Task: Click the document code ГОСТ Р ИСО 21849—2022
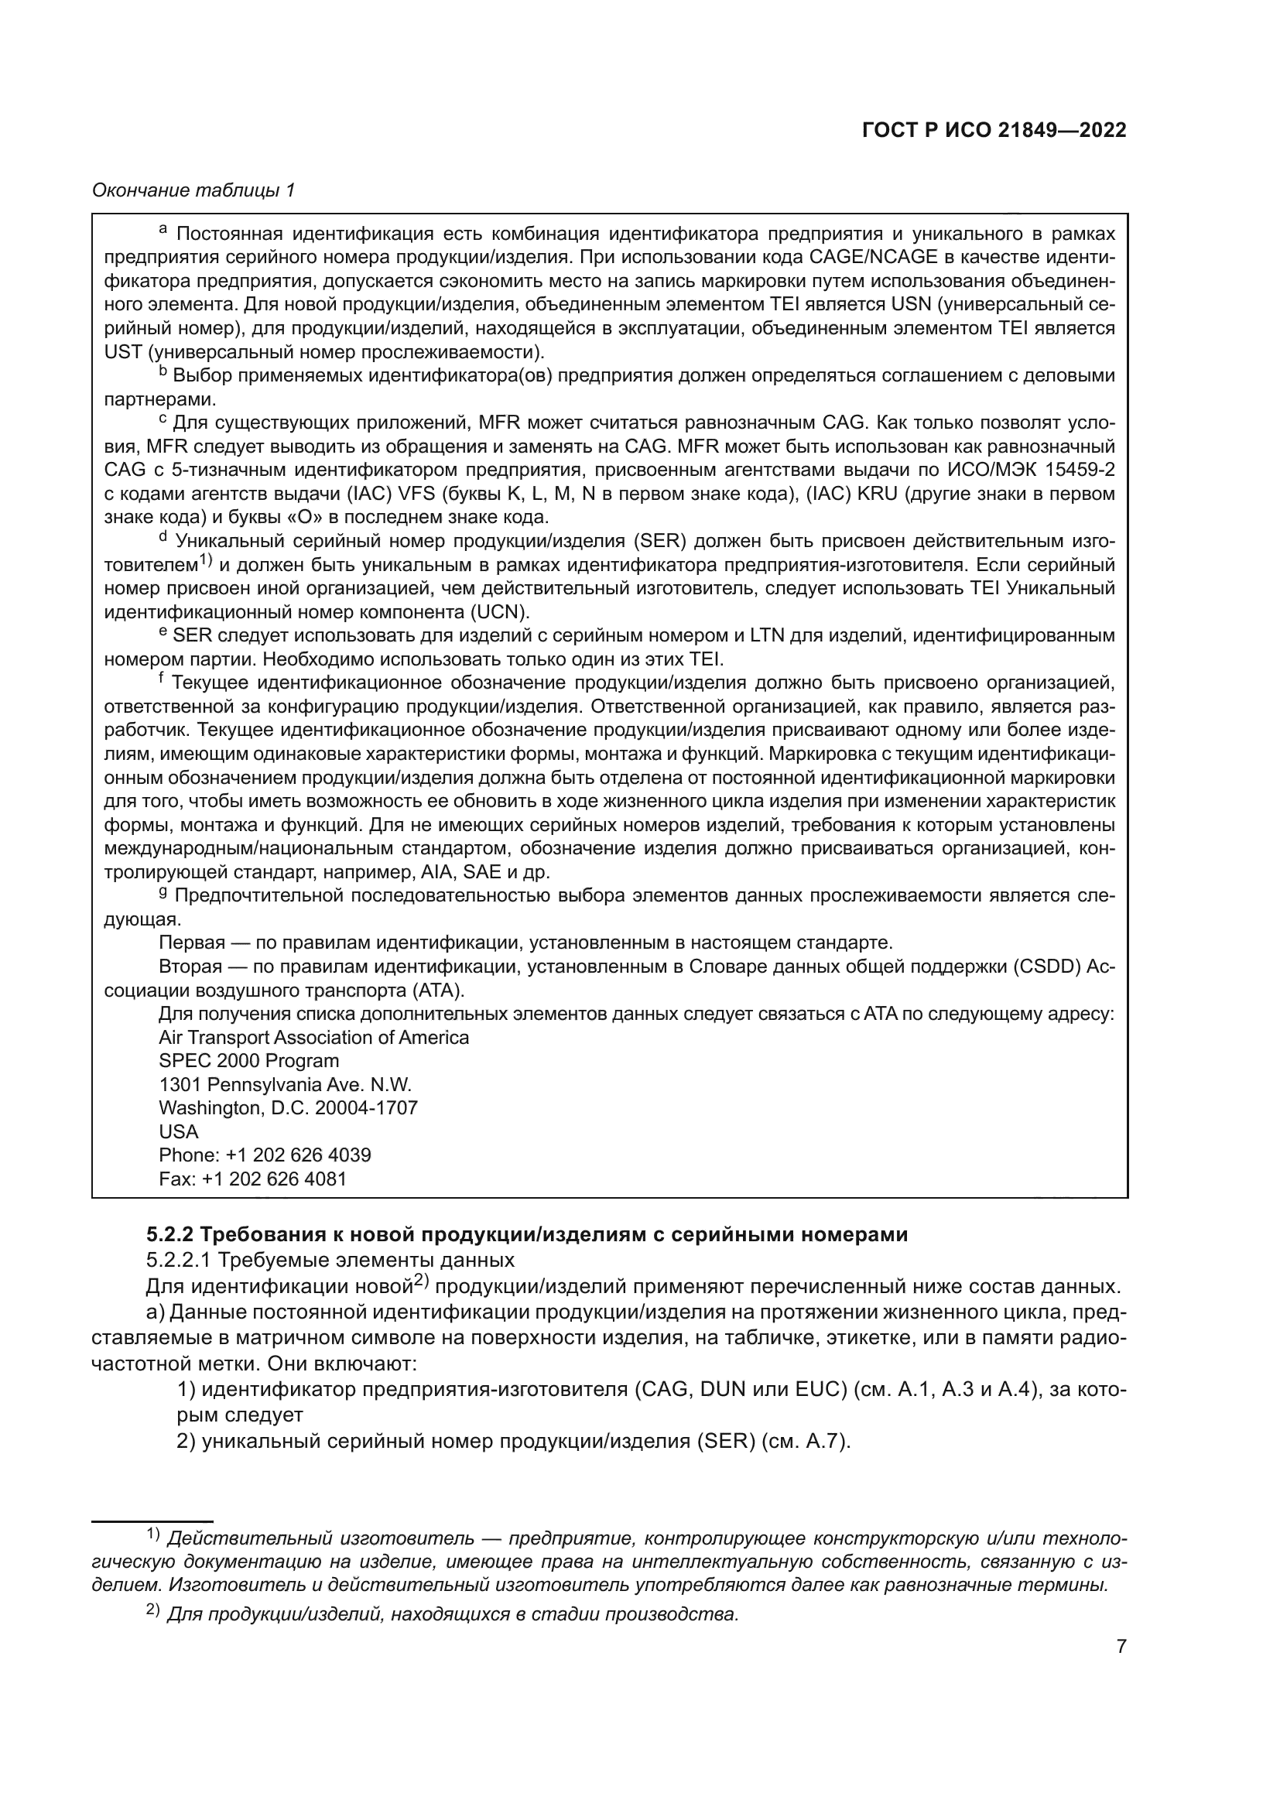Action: coord(994,130)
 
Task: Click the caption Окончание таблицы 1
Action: coord(193,190)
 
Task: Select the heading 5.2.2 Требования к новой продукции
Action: coord(526,1234)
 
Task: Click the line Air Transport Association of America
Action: coord(313,1038)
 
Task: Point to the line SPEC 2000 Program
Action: coord(249,1061)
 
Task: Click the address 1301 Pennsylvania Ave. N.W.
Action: coord(286,1085)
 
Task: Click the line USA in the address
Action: coord(179,1132)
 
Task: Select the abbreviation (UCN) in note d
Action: coord(501,613)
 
